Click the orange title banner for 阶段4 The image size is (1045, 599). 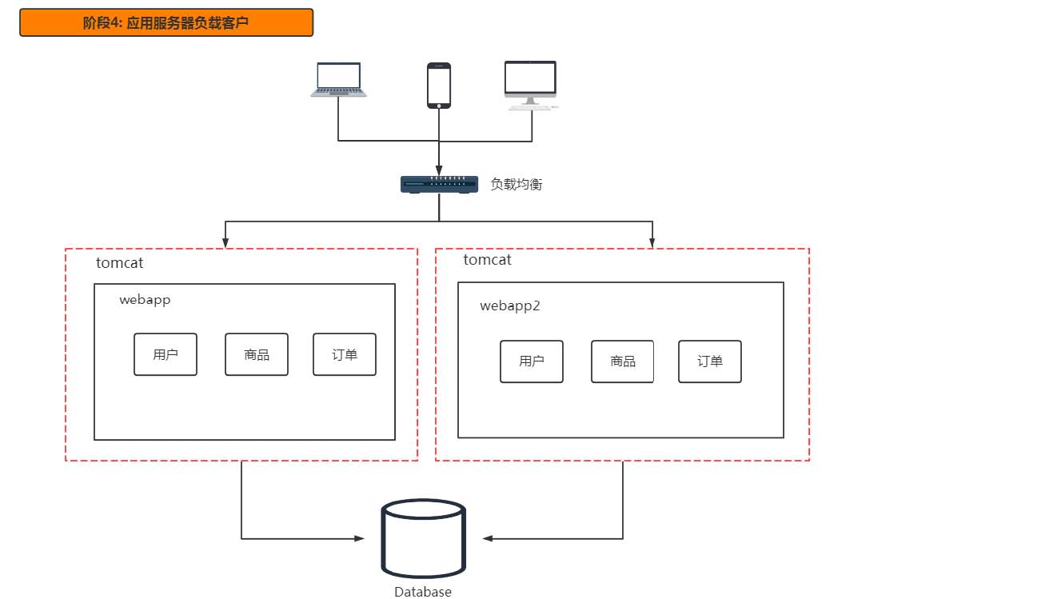[x=166, y=23]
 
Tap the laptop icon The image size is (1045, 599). [x=338, y=80]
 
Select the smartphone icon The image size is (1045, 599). [x=439, y=85]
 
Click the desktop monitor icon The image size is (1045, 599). [x=531, y=84]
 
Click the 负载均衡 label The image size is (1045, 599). [x=517, y=184]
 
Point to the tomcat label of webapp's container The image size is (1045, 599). [x=119, y=262]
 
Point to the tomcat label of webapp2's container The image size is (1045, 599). [x=487, y=260]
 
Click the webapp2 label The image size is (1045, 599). [x=510, y=305]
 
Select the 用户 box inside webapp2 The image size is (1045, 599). [x=532, y=361]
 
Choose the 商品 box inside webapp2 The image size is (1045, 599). [x=623, y=361]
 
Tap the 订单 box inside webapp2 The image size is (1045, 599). [x=710, y=361]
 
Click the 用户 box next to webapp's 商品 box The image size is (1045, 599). [x=166, y=354]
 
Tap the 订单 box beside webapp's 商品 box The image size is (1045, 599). [x=345, y=354]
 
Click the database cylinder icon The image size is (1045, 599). [x=424, y=538]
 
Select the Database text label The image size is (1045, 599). [x=423, y=592]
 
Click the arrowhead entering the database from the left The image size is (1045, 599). [x=359, y=538]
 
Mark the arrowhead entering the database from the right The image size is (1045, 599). [x=488, y=538]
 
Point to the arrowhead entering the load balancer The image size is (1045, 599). [x=439, y=170]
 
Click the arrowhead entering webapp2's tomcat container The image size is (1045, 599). [x=653, y=243]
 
